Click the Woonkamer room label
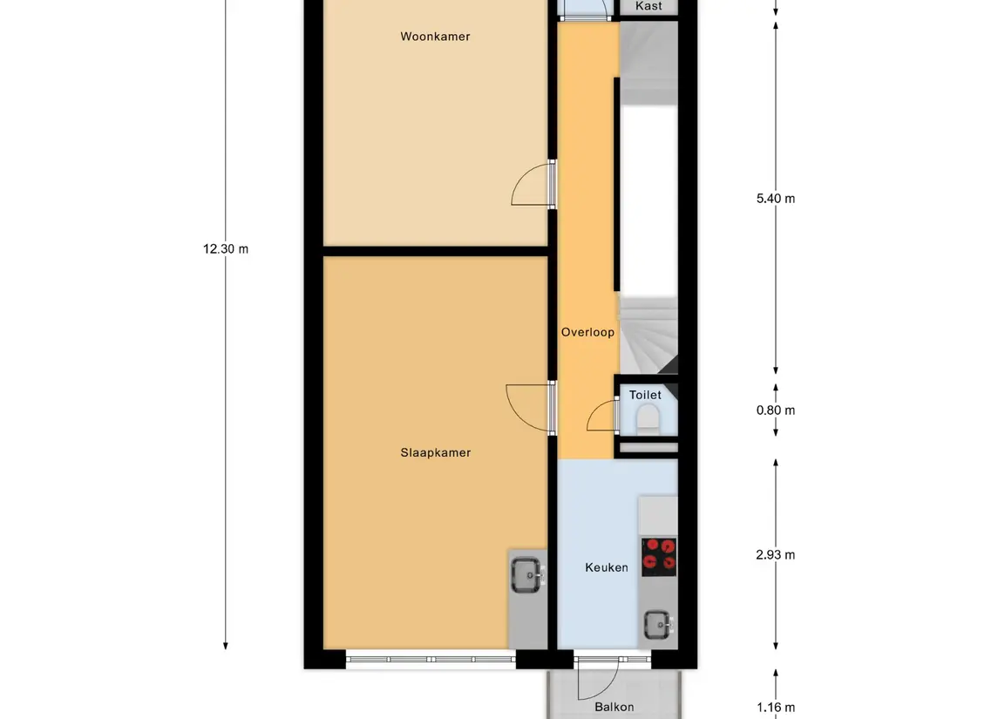[x=435, y=37]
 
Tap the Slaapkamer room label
[x=435, y=453]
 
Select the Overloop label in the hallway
[x=587, y=332]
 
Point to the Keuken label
[x=607, y=567]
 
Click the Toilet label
[x=645, y=395]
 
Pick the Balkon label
[x=614, y=707]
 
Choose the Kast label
[x=648, y=6]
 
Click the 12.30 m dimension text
[x=226, y=249]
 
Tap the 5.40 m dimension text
[x=775, y=199]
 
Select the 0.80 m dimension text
[x=775, y=410]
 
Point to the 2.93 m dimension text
[x=775, y=555]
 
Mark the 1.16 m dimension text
[x=775, y=708]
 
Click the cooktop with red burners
[x=659, y=557]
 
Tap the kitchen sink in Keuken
[x=657, y=625]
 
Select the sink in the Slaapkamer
[x=527, y=575]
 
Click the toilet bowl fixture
[x=648, y=418]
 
